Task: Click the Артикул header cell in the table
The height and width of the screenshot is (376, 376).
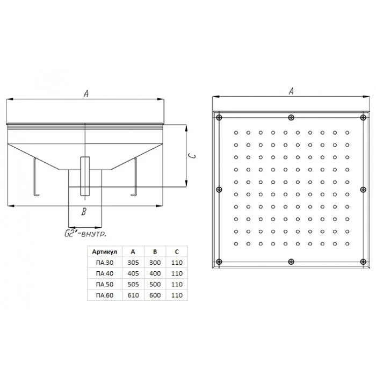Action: click(x=105, y=252)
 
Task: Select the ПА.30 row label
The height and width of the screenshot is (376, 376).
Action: click(x=105, y=263)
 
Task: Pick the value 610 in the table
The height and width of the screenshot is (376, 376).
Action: click(x=133, y=295)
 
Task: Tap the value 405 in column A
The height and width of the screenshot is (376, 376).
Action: click(x=133, y=273)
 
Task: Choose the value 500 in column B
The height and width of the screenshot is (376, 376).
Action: click(x=155, y=284)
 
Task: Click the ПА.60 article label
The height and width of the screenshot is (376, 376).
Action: click(x=105, y=295)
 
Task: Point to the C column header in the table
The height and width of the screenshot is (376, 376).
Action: click(x=177, y=252)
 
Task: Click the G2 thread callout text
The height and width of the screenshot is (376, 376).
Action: click(x=85, y=234)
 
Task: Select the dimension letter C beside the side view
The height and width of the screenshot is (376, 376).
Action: click(x=192, y=156)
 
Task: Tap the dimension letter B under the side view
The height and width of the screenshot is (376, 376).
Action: click(x=84, y=212)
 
